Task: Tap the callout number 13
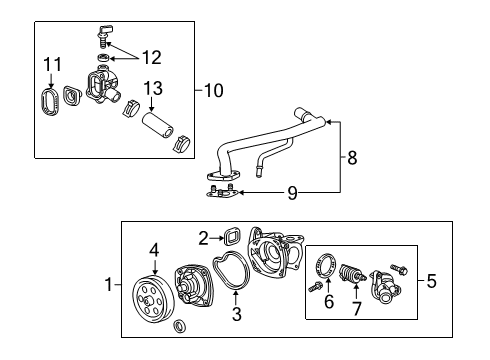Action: click(x=153, y=88)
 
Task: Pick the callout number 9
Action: click(x=292, y=193)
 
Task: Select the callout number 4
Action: click(x=155, y=249)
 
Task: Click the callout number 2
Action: click(x=203, y=238)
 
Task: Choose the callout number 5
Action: click(x=431, y=282)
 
